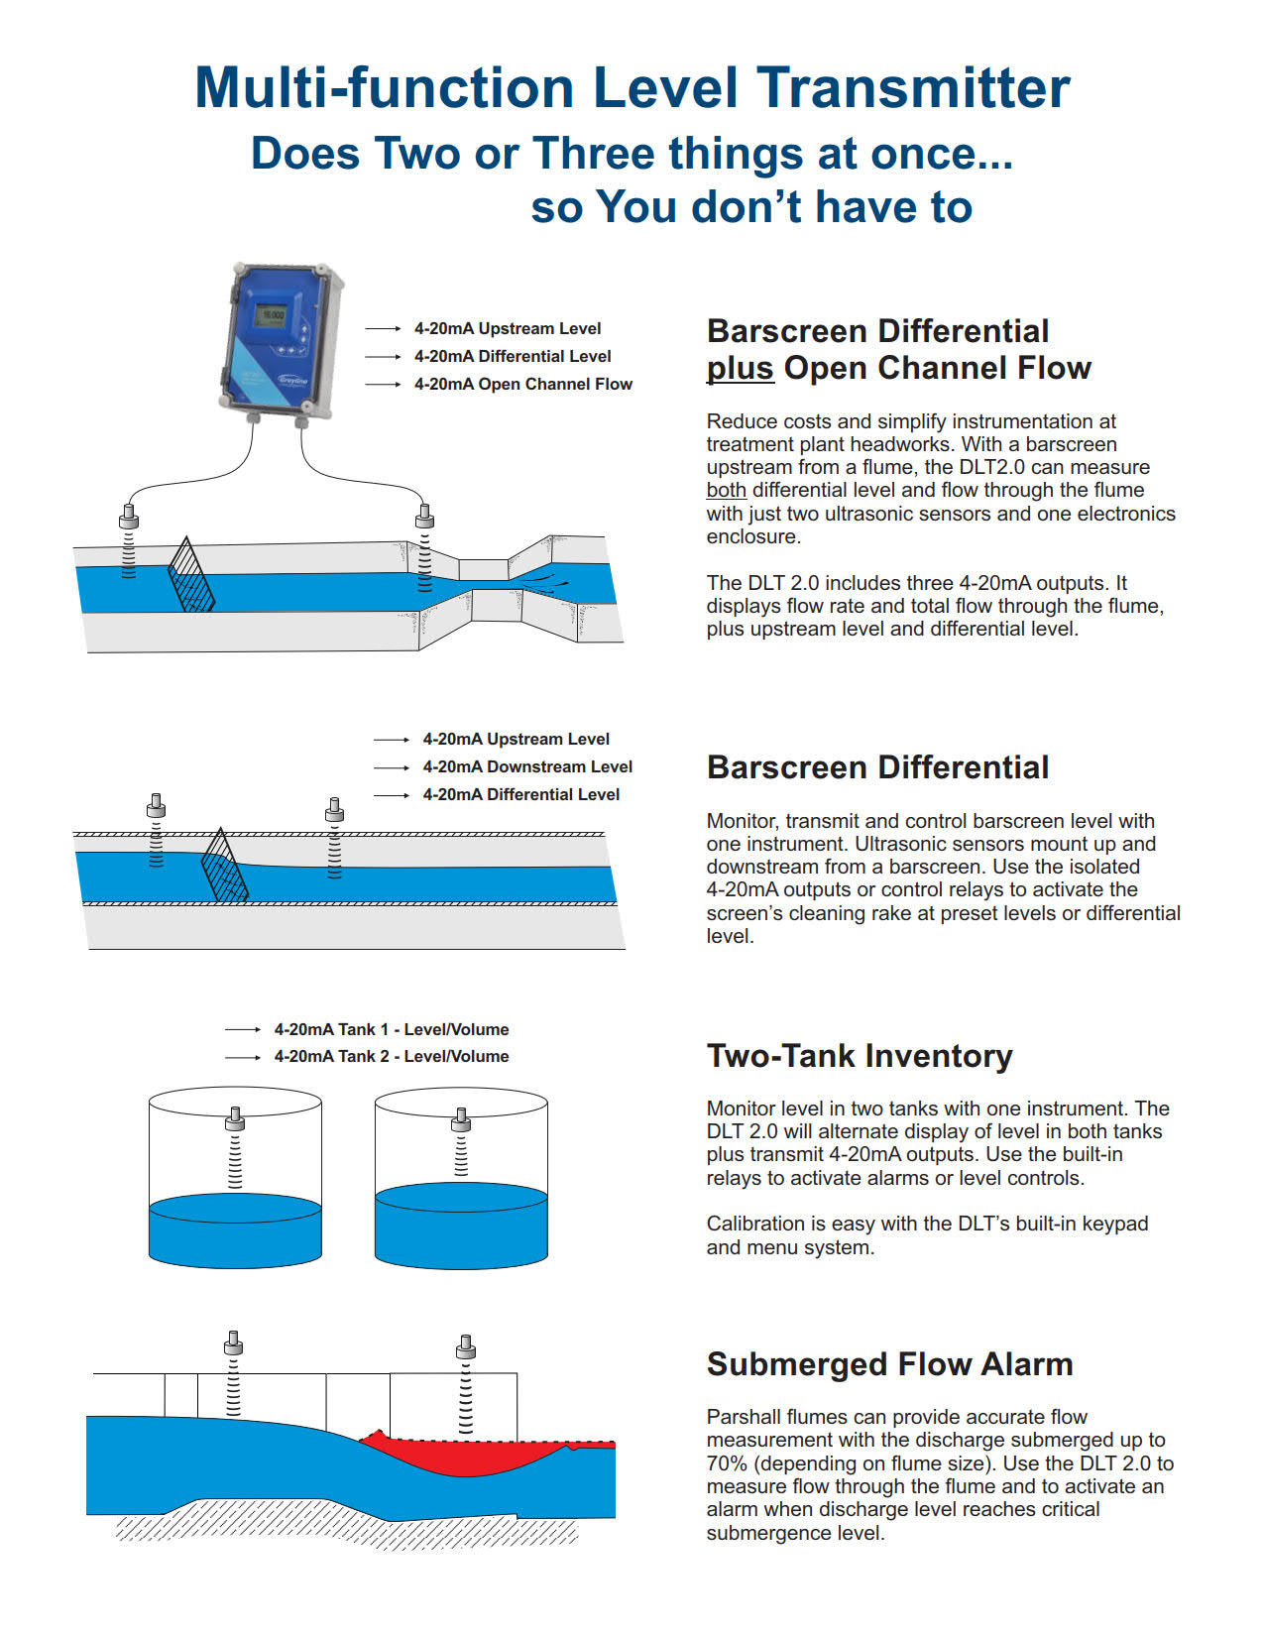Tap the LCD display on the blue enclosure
pyautogui.click(x=270, y=316)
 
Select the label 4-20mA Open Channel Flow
pyautogui.click(x=522, y=385)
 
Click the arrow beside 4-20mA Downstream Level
pyautogui.click(x=392, y=767)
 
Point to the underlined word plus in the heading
pyautogui.click(x=740, y=368)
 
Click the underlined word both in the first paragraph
pyautogui.click(x=726, y=491)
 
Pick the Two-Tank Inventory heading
pyautogui.click(x=860, y=1056)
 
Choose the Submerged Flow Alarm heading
pyautogui.click(x=889, y=1364)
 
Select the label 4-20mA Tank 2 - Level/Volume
pyautogui.click(x=392, y=1057)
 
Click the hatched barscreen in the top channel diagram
pyautogui.click(x=190, y=577)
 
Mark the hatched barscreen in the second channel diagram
pyautogui.click(x=224, y=867)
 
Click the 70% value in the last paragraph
pyautogui.click(x=727, y=1463)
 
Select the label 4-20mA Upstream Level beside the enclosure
pyautogui.click(x=508, y=329)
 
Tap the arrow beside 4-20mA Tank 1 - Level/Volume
pyautogui.click(x=243, y=1030)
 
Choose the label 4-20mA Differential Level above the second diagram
pyautogui.click(x=520, y=795)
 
